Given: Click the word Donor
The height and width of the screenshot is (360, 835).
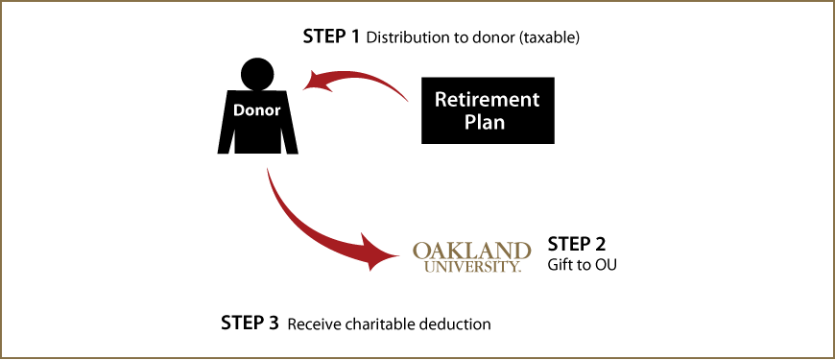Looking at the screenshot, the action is tap(256, 110).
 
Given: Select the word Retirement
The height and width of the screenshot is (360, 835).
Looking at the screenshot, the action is tap(487, 99).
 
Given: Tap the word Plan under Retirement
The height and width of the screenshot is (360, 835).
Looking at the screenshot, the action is tap(485, 123).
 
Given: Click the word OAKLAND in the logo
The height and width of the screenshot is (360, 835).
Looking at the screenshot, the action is tap(471, 252).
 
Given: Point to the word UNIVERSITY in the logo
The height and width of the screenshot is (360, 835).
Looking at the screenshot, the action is tap(471, 267).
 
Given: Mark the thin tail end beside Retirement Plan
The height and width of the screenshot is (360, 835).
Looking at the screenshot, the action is tap(408, 99).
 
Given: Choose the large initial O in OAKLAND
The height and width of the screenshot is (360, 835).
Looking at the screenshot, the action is tap(421, 252).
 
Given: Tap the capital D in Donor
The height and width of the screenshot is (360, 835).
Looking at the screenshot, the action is tap(238, 110).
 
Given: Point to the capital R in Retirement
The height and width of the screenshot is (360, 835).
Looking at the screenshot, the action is tap(441, 99).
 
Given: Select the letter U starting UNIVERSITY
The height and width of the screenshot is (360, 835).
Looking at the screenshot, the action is tap(427, 267).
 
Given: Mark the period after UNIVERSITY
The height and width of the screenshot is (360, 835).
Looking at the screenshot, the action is tap(520, 270).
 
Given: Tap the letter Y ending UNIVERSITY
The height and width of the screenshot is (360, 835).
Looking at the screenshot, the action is tap(513, 267).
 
